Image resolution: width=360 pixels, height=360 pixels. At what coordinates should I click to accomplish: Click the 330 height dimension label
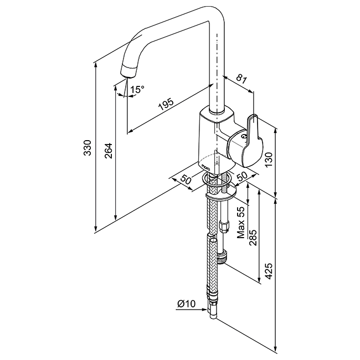coord(88,148)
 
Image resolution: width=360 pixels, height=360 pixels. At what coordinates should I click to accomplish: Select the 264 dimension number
coord(108,151)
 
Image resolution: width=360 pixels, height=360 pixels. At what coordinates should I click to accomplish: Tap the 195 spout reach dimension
coord(166,105)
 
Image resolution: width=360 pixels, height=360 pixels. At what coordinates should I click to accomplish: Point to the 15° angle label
coord(137,89)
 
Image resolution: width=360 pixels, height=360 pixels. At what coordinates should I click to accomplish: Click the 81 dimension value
coord(242,79)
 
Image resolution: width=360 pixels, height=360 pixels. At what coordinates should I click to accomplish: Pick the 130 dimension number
coord(269,160)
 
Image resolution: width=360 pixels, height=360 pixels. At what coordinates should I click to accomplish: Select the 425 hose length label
coord(269,271)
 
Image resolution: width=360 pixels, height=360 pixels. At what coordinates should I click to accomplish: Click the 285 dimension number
coord(253,238)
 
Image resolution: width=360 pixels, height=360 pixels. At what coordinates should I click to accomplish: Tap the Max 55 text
coord(241,222)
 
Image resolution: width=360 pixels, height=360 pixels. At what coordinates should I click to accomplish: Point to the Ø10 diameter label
coord(187,304)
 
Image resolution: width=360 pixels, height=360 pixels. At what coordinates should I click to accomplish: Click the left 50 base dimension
coord(186,179)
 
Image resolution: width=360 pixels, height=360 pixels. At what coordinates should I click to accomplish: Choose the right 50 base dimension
coord(242,176)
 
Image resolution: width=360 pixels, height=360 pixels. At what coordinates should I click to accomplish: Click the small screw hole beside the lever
coord(244,137)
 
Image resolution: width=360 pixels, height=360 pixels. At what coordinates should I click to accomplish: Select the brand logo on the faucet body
coord(205,167)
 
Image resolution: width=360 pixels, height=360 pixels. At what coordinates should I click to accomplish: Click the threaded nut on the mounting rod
coord(222,258)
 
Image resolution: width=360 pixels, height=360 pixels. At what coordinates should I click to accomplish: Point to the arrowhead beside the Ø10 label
coord(205,309)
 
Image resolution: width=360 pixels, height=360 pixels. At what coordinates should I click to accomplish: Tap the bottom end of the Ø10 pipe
coord(213,317)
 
